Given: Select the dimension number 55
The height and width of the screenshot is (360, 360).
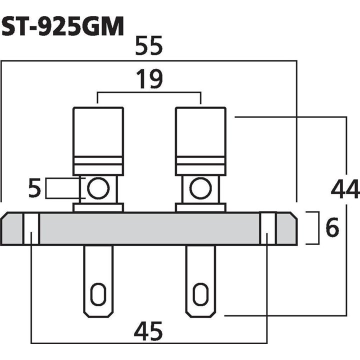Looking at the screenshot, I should click(x=149, y=48).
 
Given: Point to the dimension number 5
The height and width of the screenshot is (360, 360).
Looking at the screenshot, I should click(x=34, y=189).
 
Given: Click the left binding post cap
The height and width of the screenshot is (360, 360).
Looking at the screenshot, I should click(x=98, y=132).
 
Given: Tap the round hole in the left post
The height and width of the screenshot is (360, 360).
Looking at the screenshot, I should click(x=97, y=188).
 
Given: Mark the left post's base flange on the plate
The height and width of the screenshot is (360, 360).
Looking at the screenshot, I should click(x=98, y=207).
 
